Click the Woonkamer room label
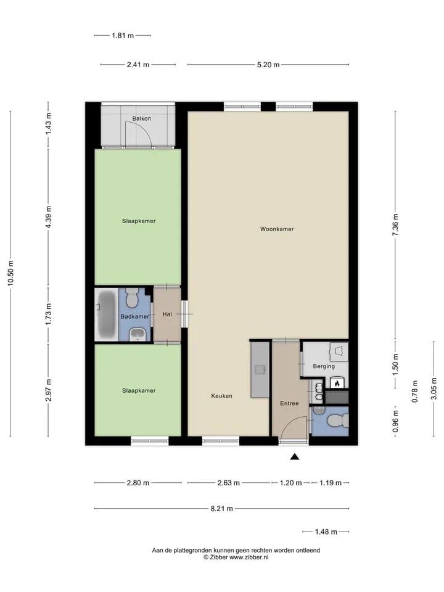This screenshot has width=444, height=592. pyautogui.click(x=277, y=229)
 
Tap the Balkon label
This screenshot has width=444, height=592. pyautogui.click(x=142, y=118)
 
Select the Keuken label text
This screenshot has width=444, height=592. pyautogui.click(x=221, y=396)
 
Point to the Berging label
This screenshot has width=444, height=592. pyautogui.click(x=324, y=366)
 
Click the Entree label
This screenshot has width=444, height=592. pyautogui.click(x=289, y=403)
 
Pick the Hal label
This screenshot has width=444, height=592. pyautogui.click(x=167, y=314)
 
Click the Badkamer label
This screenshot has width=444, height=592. pyautogui.click(x=135, y=316)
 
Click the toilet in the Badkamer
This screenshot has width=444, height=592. pyautogui.click(x=132, y=297)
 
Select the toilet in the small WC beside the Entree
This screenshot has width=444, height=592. pyautogui.click(x=337, y=420)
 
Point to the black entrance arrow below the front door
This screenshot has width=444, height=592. pyautogui.click(x=295, y=457)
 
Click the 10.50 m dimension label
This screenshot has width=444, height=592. pyautogui.click(x=11, y=273)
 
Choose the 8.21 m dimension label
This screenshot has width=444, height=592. pyautogui.click(x=221, y=509)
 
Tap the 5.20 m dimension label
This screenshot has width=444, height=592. pyautogui.click(x=268, y=65)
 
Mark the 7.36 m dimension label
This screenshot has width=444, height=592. pyautogui.click(x=395, y=224)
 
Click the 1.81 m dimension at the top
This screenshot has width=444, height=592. pyautogui.click(x=123, y=36)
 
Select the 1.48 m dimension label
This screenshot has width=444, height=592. pyautogui.click(x=326, y=532)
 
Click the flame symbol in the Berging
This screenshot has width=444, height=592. pyautogui.click(x=337, y=383)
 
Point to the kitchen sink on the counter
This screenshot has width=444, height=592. pyautogui.click(x=260, y=369)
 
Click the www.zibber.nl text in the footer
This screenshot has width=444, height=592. pyautogui.click(x=249, y=557)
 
